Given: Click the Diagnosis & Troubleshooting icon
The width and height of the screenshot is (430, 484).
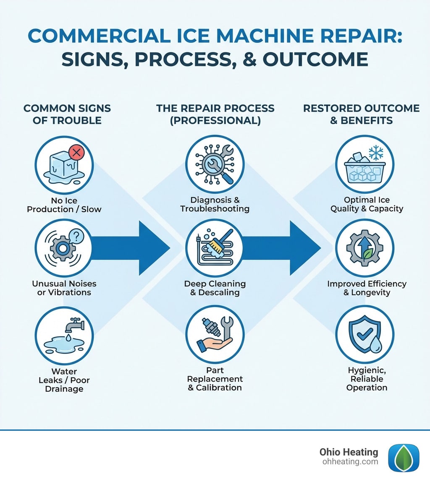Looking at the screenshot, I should point(215,164).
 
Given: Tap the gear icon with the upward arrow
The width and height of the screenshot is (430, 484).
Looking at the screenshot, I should point(365,248).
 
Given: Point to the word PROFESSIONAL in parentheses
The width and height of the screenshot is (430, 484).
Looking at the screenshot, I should point(215,121).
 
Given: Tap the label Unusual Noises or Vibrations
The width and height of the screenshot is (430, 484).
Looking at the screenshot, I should point(64,288).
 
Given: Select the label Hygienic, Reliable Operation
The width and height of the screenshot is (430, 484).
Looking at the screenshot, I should point(366,378).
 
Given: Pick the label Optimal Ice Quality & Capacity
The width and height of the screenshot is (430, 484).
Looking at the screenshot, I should point(366,204).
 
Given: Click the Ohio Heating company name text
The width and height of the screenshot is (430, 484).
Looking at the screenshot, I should point(349,452).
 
